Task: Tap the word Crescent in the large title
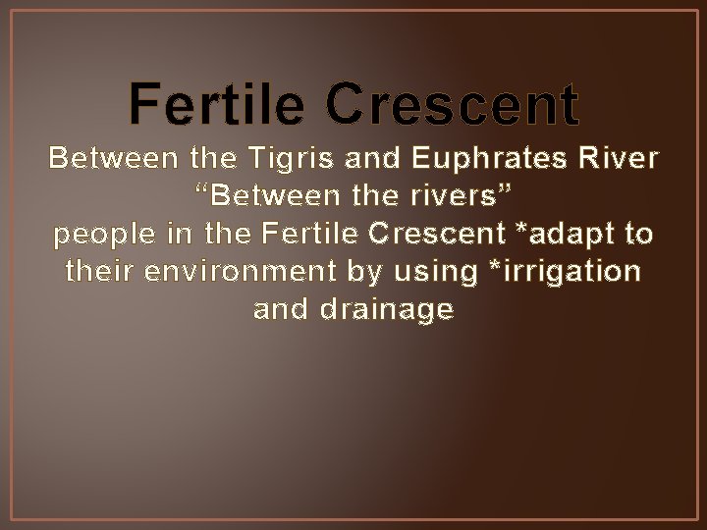point(453,105)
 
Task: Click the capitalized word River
point(625,158)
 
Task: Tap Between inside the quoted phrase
point(260,196)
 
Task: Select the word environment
point(223,273)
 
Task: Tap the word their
point(95,273)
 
